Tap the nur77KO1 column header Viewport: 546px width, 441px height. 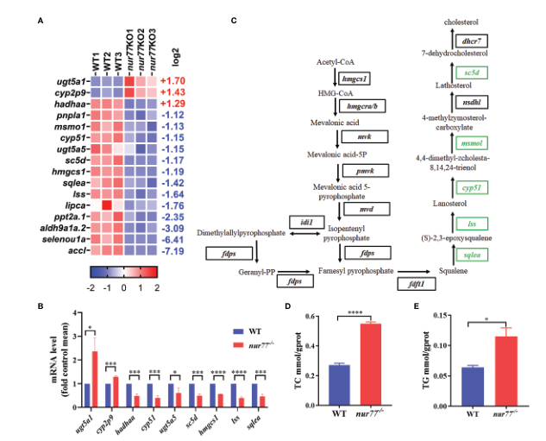130,54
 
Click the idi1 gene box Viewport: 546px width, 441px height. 308,222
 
